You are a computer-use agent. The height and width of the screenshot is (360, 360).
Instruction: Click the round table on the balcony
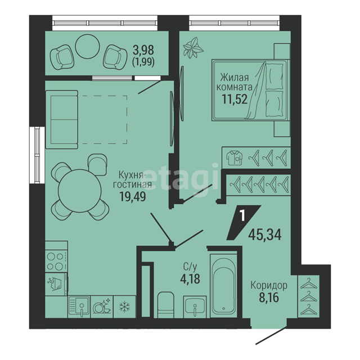pyautogui.click(x=88, y=46)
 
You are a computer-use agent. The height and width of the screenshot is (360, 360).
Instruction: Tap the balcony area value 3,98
pyautogui.click(x=143, y=50)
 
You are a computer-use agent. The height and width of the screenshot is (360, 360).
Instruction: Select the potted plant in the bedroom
pyautogui.click(x=192, y=48)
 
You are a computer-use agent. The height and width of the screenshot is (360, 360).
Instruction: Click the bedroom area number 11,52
pyautogui.click(x=235, y=100)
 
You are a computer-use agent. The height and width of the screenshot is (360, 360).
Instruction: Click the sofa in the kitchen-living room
pyautogui.click(x=61, y=119)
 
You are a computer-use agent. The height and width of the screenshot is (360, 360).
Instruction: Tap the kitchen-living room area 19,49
pyautogui.click(x=133, y=196)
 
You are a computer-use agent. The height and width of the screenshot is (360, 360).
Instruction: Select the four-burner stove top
pyautogui.click(x=56, y=262)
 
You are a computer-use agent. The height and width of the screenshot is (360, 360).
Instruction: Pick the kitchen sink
pyautogui.click(x=79, y=307)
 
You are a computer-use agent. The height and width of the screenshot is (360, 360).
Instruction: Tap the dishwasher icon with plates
pyautogui.click(x=102, y=307)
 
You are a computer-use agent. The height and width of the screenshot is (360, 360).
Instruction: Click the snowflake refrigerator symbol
pyautogui.click(x=124, y=307)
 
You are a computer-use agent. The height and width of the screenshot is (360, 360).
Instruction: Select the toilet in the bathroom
pyautogui.click(x=166, y=305)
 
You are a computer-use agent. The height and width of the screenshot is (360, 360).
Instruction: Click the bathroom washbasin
pyautogui.click(x=195, y=307)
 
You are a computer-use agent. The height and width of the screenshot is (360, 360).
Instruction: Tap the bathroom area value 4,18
pyautogui.click(x=190, y=279)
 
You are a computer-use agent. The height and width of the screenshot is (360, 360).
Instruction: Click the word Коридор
pyautogui.click(x=269, y=286)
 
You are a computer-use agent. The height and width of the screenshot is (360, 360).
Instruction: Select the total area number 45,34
pyautogui.click(x=265, y=235)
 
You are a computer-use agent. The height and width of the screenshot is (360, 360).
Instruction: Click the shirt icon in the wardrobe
pyautogui.click(x=235, y=157)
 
